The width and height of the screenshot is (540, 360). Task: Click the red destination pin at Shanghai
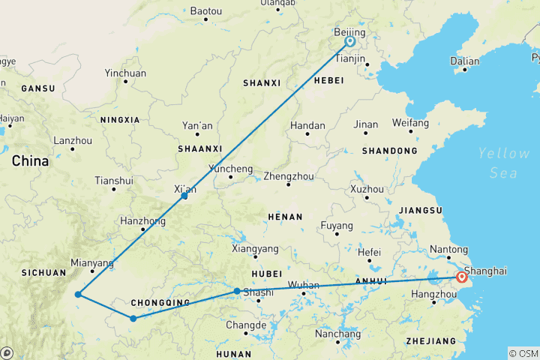pos(461,278)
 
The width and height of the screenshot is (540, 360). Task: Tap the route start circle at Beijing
pos(350,42)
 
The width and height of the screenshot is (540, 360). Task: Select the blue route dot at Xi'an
pos(184,196)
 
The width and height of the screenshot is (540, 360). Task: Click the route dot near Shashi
pos(237,291)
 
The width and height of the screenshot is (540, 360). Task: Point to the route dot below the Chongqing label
pos(133,319)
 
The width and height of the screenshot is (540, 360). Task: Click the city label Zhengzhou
pos(287,178)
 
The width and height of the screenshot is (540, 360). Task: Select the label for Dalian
pos(464,61)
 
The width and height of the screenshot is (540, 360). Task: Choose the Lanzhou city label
pos(73,140)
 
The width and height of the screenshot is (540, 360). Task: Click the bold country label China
pos(30,160)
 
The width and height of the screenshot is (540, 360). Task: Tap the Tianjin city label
pos(350,58)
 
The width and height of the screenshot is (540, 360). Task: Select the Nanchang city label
pos(337,334)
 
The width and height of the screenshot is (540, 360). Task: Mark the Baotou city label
pos(206,11)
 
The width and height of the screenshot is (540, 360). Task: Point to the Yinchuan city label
pos(125,73)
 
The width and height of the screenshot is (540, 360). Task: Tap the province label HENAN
pos(285,217)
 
